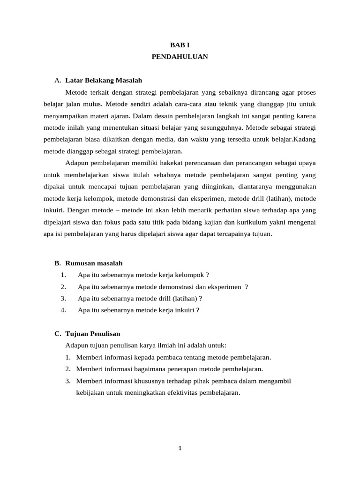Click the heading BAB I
point(180,45)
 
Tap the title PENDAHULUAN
point(180,57)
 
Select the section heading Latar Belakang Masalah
point(104,80)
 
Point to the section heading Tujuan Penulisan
point(93,334)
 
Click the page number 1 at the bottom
point(180,448)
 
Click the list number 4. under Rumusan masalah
point(63,310)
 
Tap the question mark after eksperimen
point(247,286)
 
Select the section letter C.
point(57,334)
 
